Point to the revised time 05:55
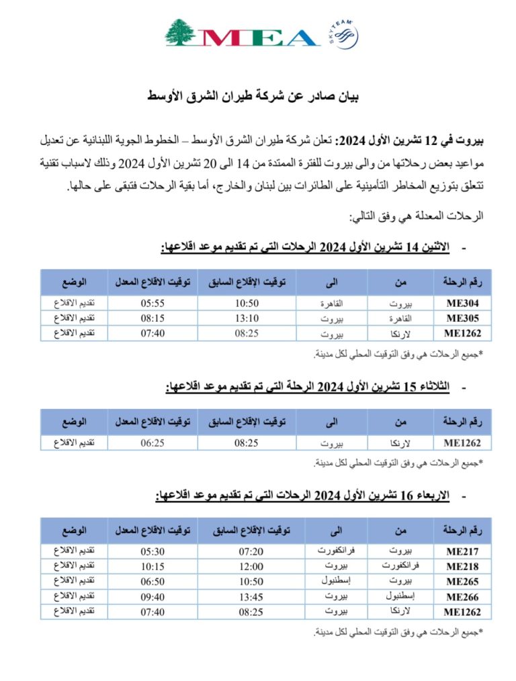pyautogui.click(x=153, y=303)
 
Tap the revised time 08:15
pyautogui.click(x=153, y=318)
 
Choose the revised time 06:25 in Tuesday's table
pyautogui.click(x=153, y=442)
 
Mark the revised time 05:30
pyautogui.click(x=153, y=551)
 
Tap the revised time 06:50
pyautogui.click(x=153, y=582)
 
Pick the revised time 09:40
pyautogui.click(x=153, y=596)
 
